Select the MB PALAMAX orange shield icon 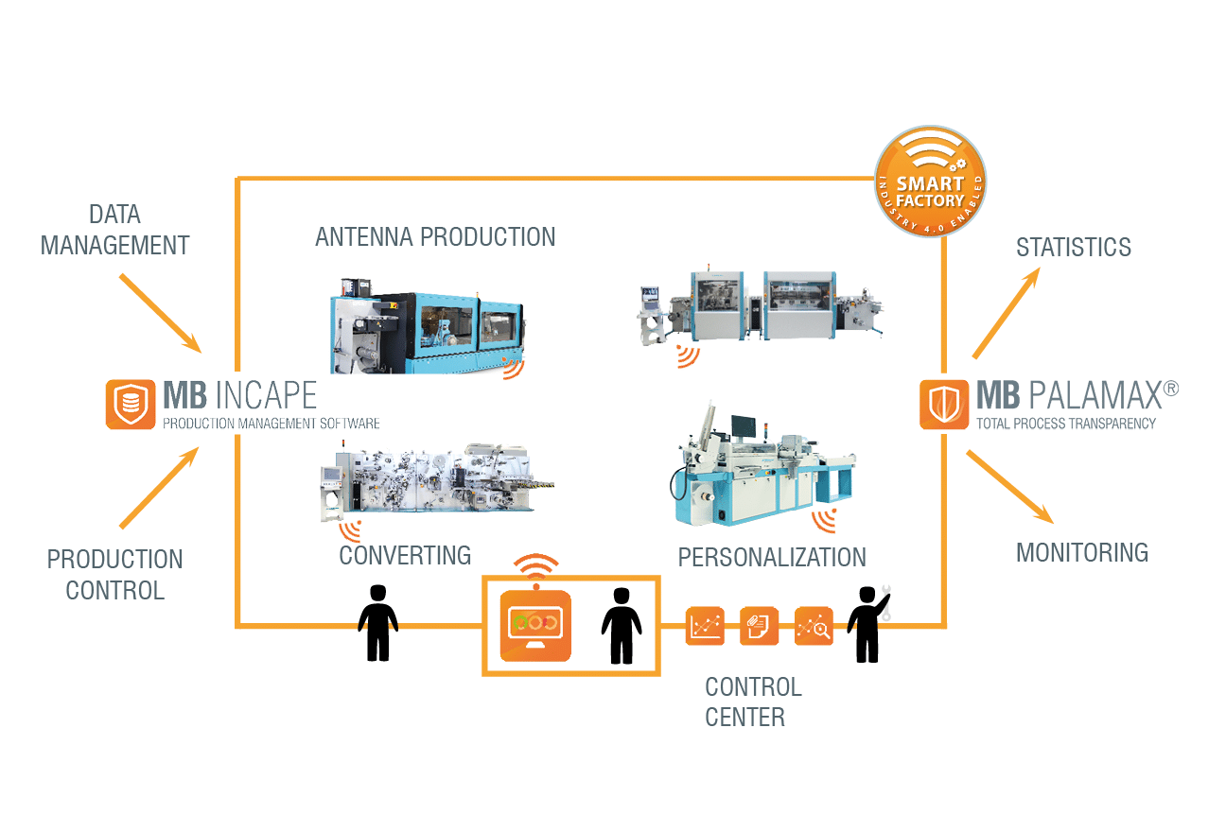click(x=944, y=405)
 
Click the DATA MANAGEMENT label click(x=114, y=230)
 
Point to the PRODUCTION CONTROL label click(x=114, y=574)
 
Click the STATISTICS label click(x=1074, y=248)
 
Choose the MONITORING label click(x=1082, y=552)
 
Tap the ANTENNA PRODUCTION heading click(x=435, y=236)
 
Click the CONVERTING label click(x=405, y=555)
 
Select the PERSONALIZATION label click(x=772, y=557)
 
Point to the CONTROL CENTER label click(x=753, y=702)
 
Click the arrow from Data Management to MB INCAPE click(x=158, y=311)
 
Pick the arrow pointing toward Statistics click(x=1007, y=313)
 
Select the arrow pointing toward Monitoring click(x=1008, y=486)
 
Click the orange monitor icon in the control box click(x=535, y=625)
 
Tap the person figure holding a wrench click(x=867, y=624)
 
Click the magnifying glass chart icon click(x=814, y=626)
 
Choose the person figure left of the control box click(x=377, y=622)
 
